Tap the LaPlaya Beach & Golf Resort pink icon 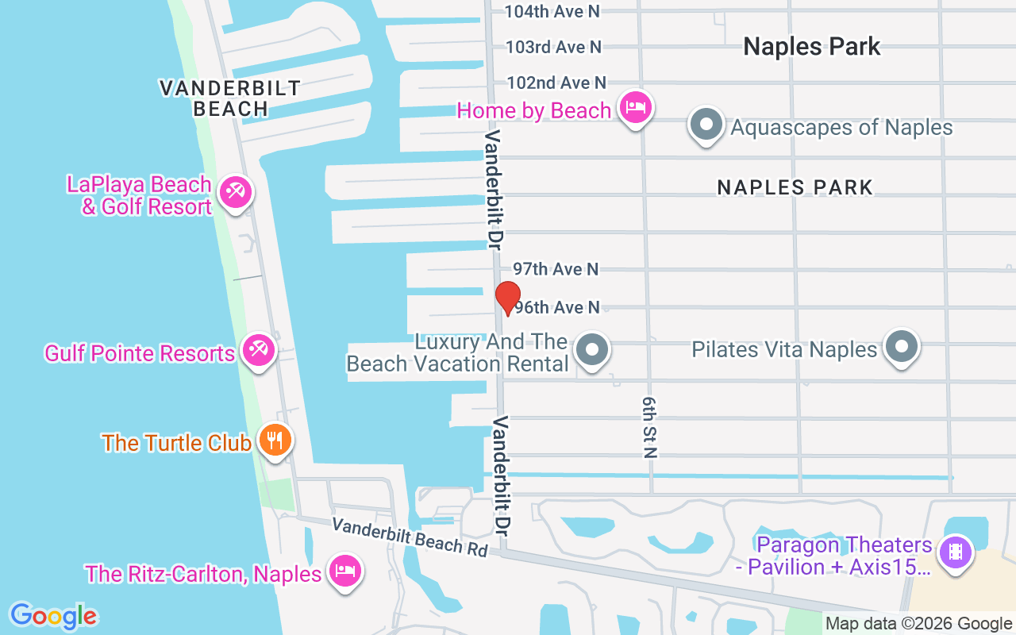pyautogui.click(x=235, y=192)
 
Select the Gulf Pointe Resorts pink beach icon pyautogui.click(x=259, y=350)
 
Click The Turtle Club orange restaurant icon pyautogui.click(x=275, y=440)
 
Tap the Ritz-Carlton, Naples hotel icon pyautogui.click(x=345, y=571)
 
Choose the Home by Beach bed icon pyautogui.click(x=635, y=107)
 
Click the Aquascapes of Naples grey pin pyautogui.click(x=706, y=125)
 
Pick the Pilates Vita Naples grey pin pyautogui.click(x=901, y=347)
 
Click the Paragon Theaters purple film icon pyautogui.click(x=955, y=552)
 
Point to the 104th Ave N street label pyautogui.click(x=552, y=11)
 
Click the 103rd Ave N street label pyautogui.click(x=553, y=47)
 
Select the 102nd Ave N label pyautogui.click(x=556, y=83)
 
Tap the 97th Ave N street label pyautogui.click(x=556, y=269)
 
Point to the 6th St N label pyautogui.click(x=650, y=429)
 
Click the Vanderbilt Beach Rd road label pyautogui.click(x=410, y=537)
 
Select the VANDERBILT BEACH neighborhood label pyautogui.click(x=230, y=98)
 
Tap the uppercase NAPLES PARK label pyautogui.click(x=795, y=187)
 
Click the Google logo pyautogui.click(x=54, y=616)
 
